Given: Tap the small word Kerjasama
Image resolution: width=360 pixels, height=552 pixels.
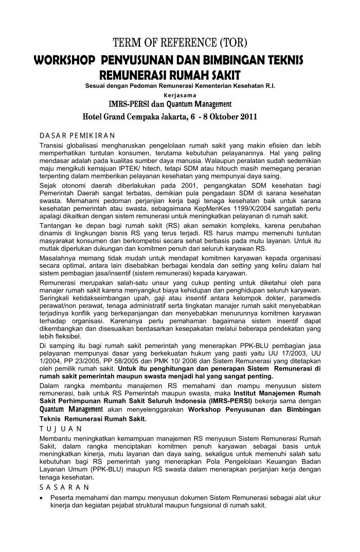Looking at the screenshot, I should coord(179,95).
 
